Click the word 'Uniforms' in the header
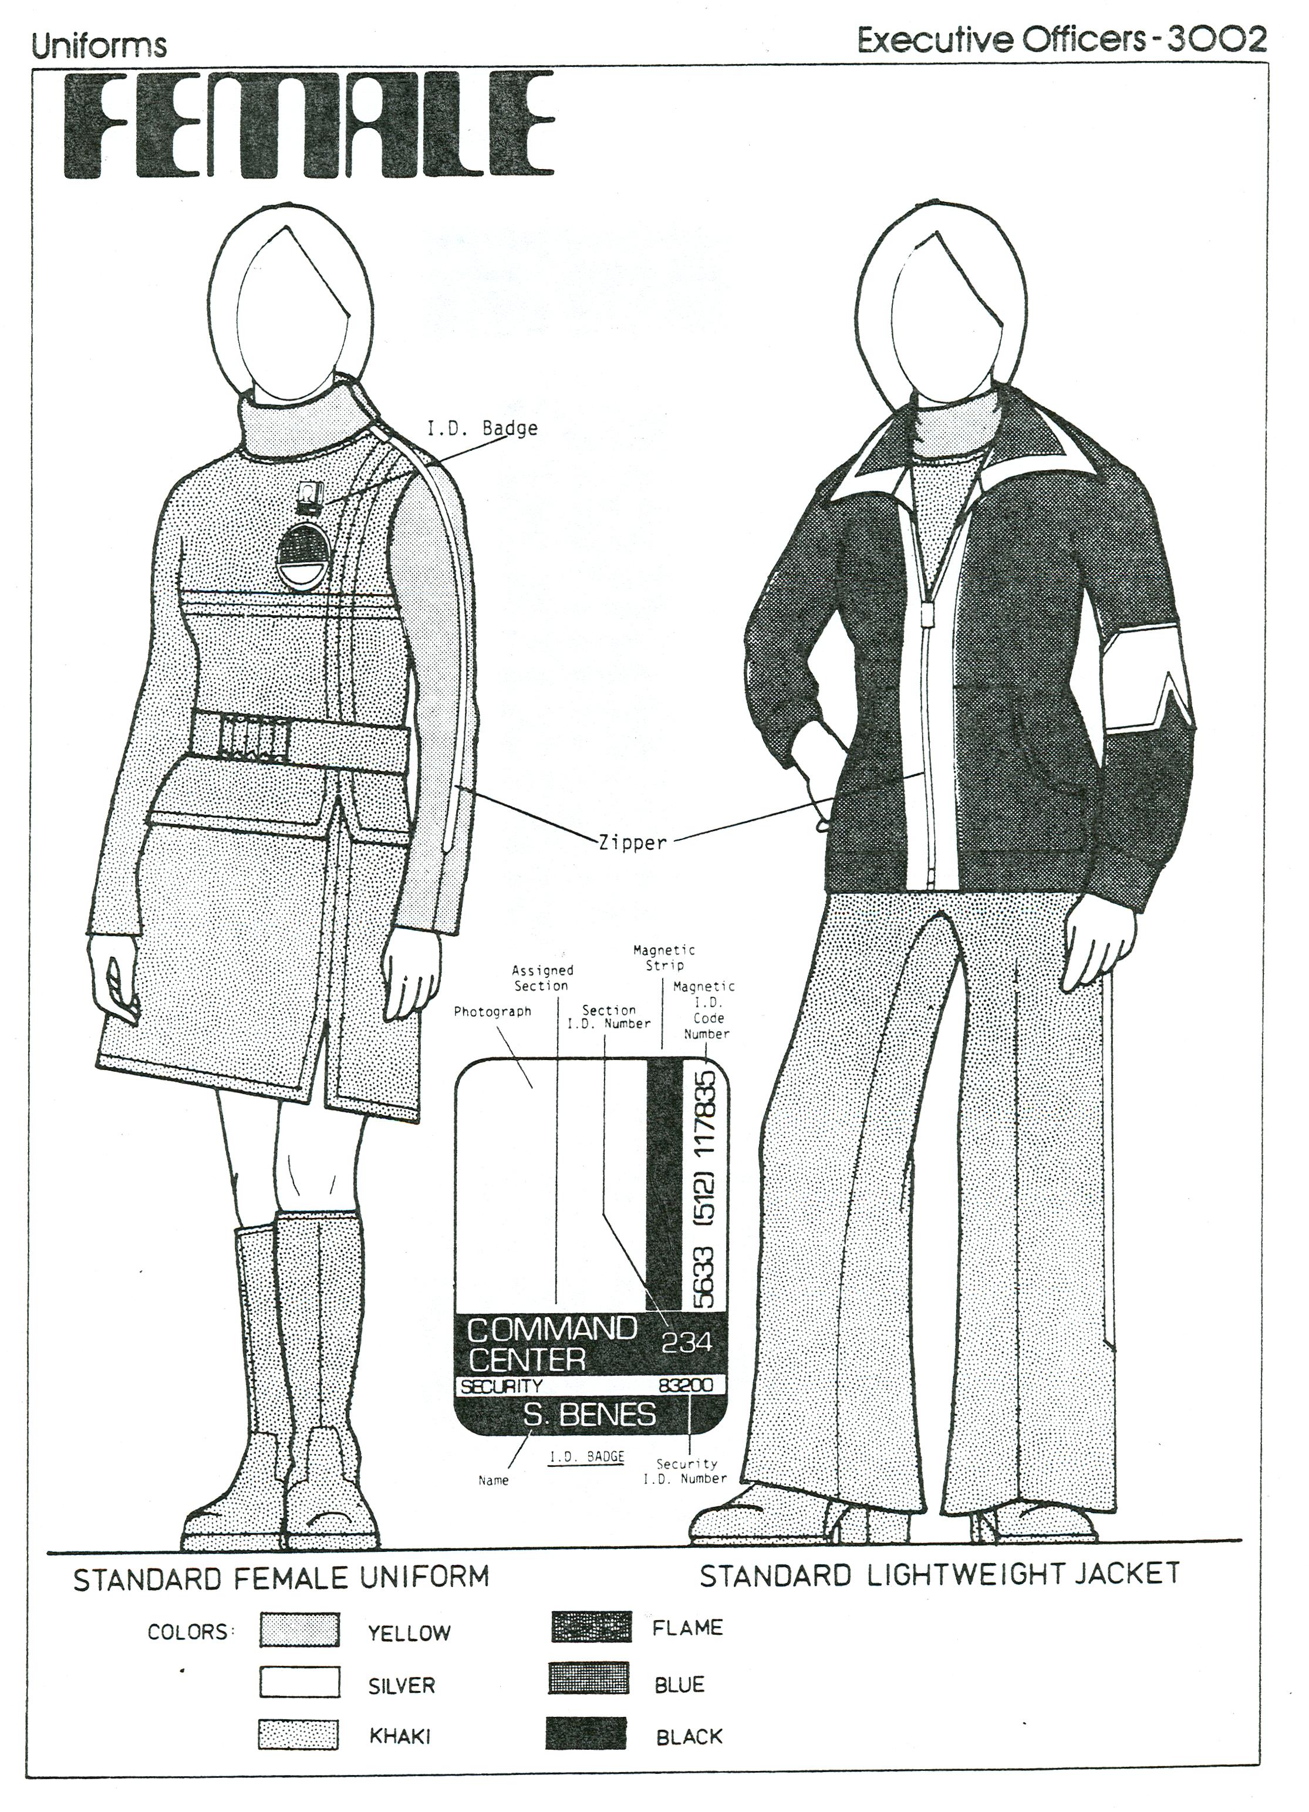(99, 46)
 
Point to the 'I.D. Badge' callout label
(482, 428)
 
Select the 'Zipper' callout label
(632, 842)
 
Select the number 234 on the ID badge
(686, 1342)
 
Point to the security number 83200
(685, 1385)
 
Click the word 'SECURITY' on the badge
(501, 1386)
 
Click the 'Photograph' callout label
(492, 1011)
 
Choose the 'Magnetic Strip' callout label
(664, 957)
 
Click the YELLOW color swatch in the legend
(300, 1631)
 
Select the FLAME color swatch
(591, 1627)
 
